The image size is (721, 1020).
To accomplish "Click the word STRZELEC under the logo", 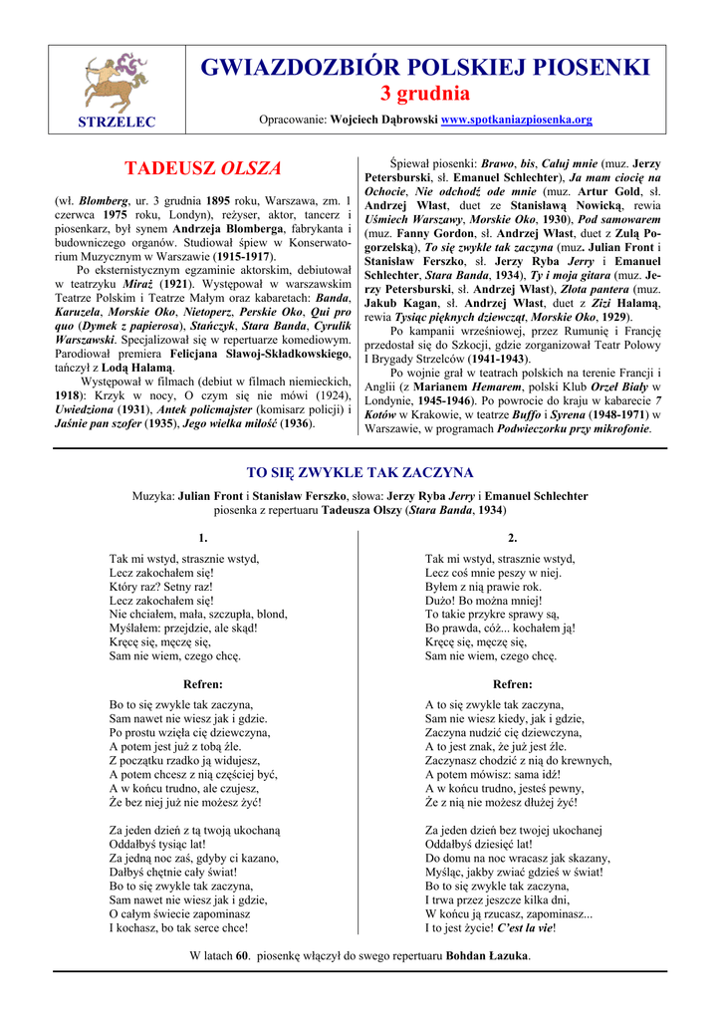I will pos(117,122).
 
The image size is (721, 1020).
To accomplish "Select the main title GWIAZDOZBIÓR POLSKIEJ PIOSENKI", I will pos(425,68).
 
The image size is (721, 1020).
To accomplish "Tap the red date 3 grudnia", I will pos(425,95).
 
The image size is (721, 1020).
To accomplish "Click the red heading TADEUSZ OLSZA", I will pos(202,168).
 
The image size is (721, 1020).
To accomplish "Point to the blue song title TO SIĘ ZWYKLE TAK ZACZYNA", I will pos(360,472).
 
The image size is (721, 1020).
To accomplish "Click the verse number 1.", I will pos(203,538).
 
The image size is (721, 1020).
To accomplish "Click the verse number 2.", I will pos(512,538).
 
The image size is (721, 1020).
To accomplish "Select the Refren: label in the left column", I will pos(203,684).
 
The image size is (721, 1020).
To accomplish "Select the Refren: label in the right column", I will pos(512,684).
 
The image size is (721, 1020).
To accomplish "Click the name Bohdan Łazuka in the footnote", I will pos(488,955).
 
